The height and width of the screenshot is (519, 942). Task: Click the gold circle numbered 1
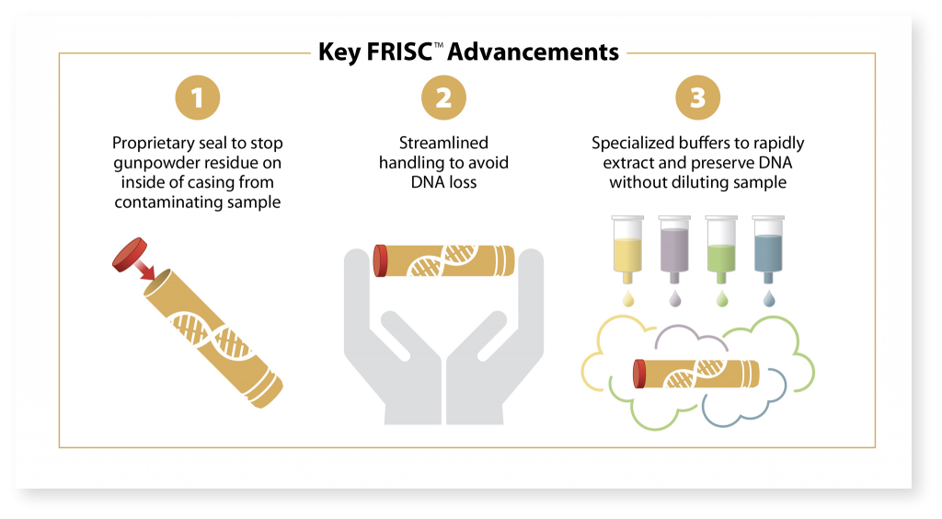(198, 98)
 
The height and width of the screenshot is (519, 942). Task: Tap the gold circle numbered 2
(443, 98)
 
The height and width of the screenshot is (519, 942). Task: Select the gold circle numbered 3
(697, 98)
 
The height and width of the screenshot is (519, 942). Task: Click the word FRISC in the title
(399, 52)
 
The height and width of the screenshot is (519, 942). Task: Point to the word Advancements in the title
(534, 52)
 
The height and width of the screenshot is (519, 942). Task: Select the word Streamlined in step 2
(443, 143)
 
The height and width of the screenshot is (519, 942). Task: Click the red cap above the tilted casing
(130, 254)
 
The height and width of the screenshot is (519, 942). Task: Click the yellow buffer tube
(627, 249)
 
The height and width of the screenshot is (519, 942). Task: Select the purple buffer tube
(674, 249)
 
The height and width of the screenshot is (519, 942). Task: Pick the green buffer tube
(721, 249)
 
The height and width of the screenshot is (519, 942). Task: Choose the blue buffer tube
(768, 249)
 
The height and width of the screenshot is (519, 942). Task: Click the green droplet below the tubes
(721, 299)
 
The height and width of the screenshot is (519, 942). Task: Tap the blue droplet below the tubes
(768, 299)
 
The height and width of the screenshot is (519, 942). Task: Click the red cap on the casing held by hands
(380, 260)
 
